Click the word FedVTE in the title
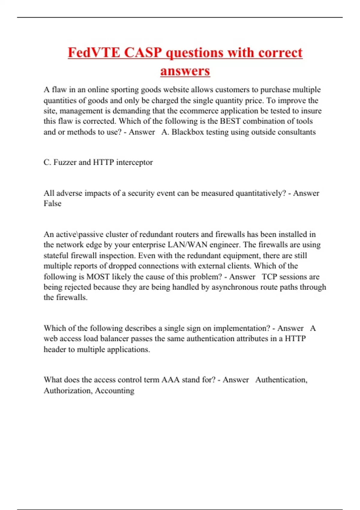(x=94, y=53)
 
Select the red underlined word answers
(x=185, y=71)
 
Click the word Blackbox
(x=187, y=132)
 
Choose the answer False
(x=52, y=204)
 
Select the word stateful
(x=56, y=256)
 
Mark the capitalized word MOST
(x=98, y=277)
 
